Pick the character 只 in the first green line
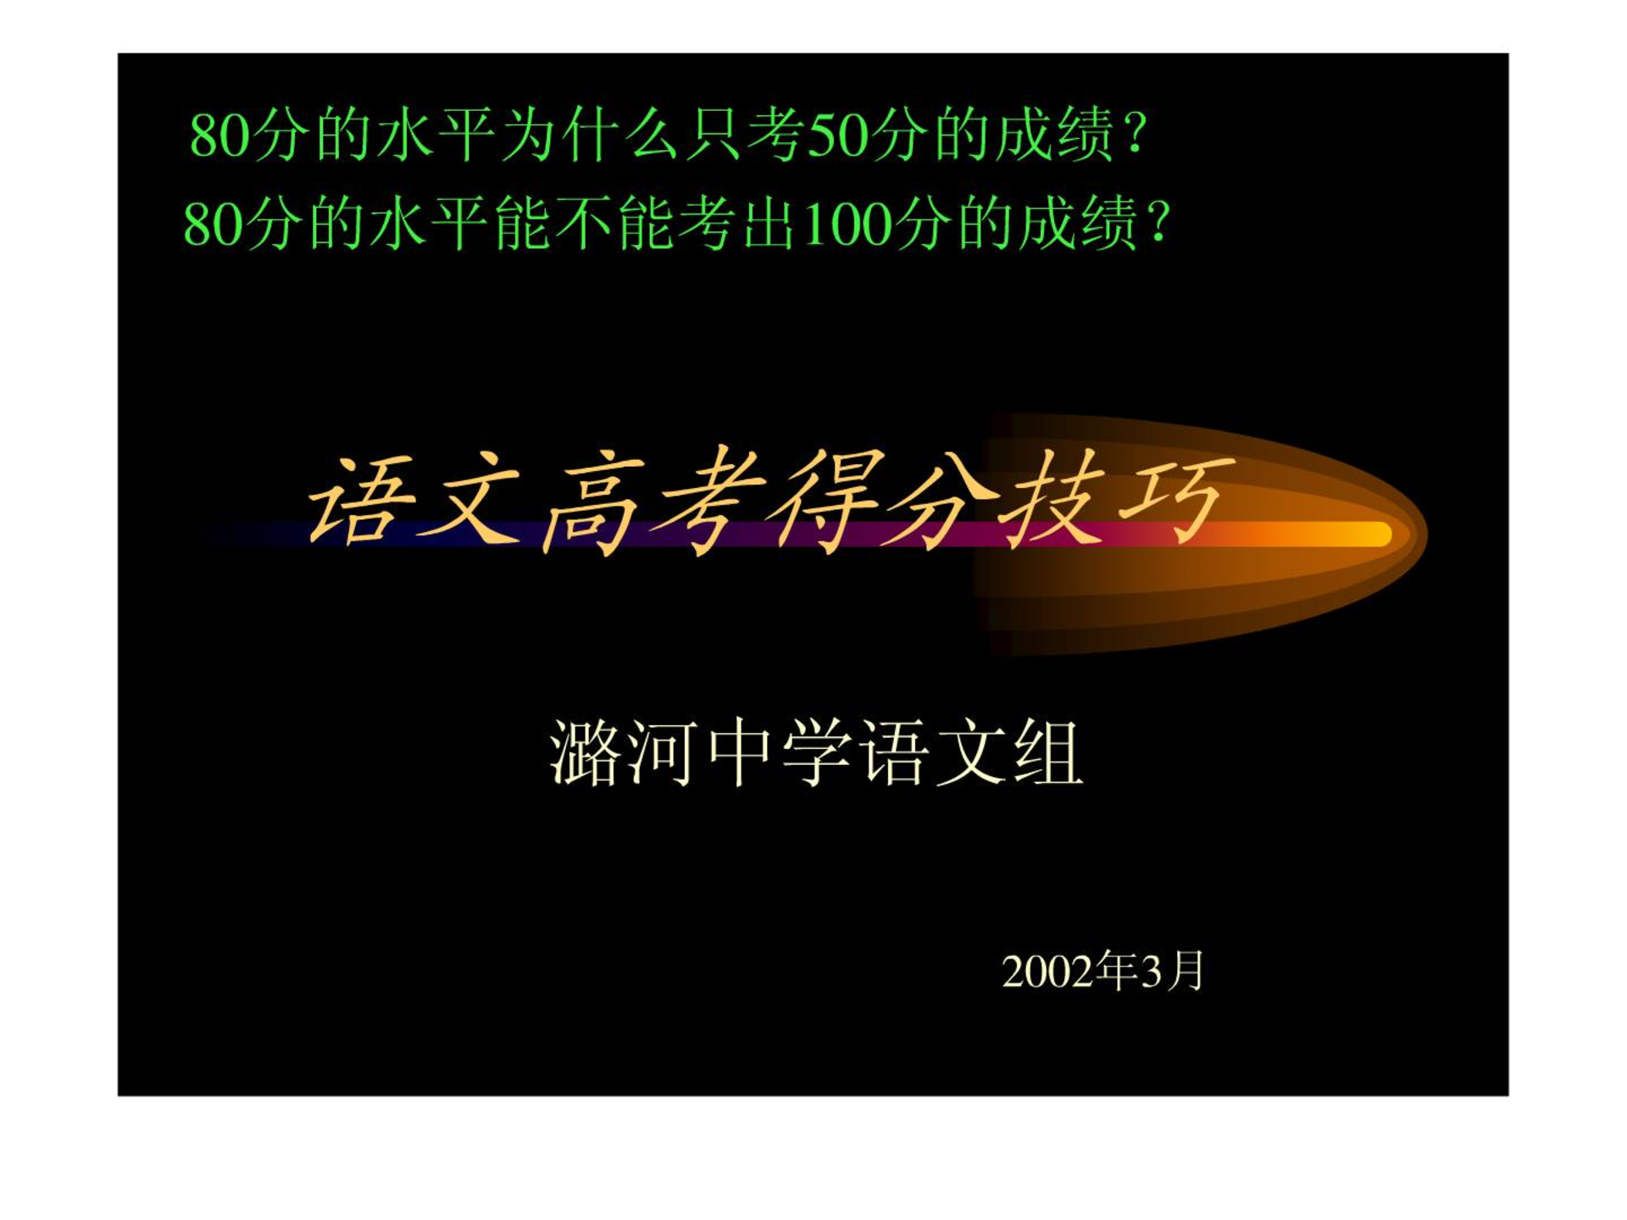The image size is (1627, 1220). coord(713,136)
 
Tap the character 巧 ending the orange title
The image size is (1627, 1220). coord(1174,500)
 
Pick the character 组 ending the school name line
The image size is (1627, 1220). coord(1049,753)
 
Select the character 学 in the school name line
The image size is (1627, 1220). coord(815,753)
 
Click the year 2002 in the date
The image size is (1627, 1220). coord(1049,973)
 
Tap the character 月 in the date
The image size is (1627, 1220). coord(1185,971)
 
